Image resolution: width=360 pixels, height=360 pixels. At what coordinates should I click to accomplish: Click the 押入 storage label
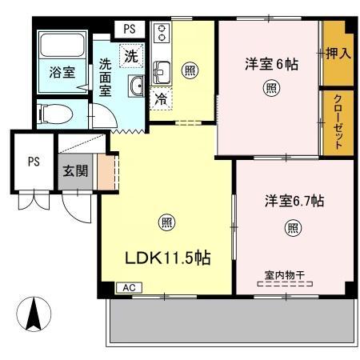pyautogui.click(x=338, y=54)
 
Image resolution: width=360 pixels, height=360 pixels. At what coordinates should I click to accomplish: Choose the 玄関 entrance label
pyautogui.click(x=77, y=170)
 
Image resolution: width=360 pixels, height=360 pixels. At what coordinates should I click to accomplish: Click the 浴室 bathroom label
pyautogui.click(x=63, y=70)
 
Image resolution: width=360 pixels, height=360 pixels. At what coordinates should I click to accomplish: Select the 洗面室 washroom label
pyautogui.click(x=106, y=77)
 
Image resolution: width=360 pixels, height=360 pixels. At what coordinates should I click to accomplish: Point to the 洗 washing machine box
pyautogui.click(x=130, y=56)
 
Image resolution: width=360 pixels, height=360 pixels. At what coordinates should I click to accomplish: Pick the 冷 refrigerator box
pyautogui.click(x=160, y=100)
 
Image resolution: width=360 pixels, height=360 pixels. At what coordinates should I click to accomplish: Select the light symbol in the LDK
pyautogui.click(x=166, y=222)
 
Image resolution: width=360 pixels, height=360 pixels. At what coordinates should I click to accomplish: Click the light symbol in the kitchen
pyautogui.click(x=190, y=69)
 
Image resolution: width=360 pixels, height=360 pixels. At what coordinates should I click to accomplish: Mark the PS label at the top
pyautogui.click(x=130, y=28)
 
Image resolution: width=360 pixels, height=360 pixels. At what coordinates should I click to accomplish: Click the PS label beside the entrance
pyautogui.click(x=34, y=161)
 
